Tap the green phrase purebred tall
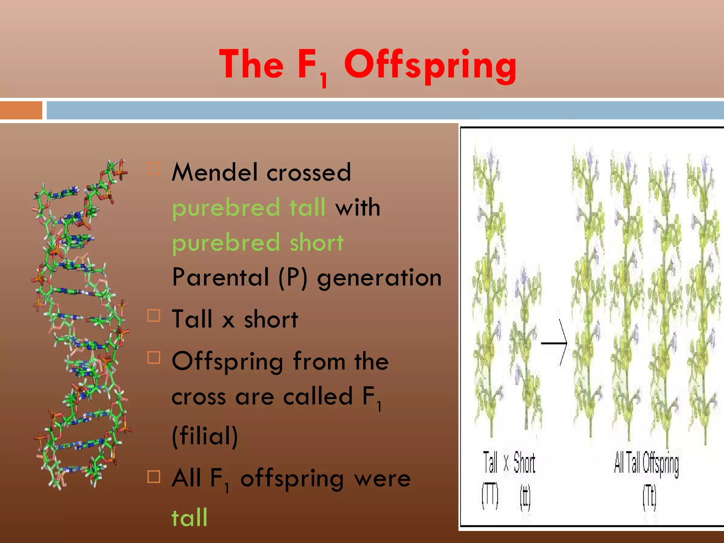pyautogui.click(x=249, y=208)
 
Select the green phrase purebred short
pyautogui.click(x=258, y=243)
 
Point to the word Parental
pyautogui.click(x=221, y=278)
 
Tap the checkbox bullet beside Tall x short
pyautogui.click(x=154, y=315)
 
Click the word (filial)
pyautogui.click(x=205, y=436)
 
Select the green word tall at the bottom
pyautogui.click(x=189, y=518)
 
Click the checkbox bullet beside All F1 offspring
pyautogui.click(x=154, y=477)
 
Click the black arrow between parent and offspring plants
pyautogui.click(x=555, y=342)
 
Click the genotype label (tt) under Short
pyautogui.click(x=525, y=498)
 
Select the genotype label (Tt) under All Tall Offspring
pyautogui.click(x=649, y=498)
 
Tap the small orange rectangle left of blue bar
pyautogui.click(x=21, y=110)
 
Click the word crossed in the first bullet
pyautogui.click(x=309, y=173)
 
